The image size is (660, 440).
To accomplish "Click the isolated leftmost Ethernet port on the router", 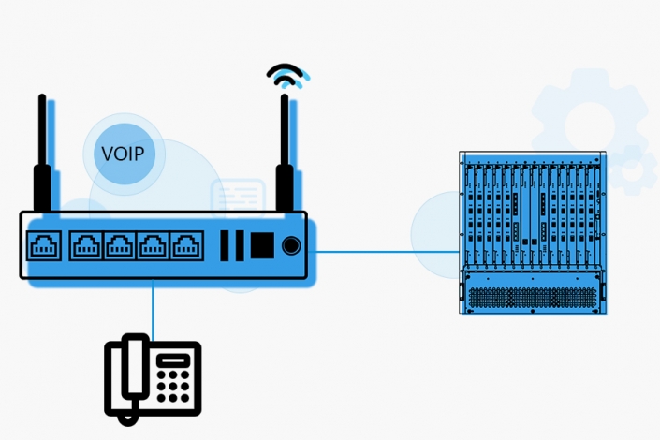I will [44, 245].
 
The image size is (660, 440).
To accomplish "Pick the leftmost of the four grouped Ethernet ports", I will [85, 245].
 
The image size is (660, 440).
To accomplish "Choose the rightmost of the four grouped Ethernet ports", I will [186, 245].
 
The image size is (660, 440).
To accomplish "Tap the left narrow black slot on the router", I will [226, 245].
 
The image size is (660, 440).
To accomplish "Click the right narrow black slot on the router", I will [239, 245].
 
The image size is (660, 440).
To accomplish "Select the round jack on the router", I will [292, 245].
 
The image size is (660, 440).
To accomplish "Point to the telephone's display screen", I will [173, 360].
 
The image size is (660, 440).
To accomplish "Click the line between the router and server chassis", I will [384, 251].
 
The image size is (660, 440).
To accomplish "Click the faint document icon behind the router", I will [238, 198].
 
